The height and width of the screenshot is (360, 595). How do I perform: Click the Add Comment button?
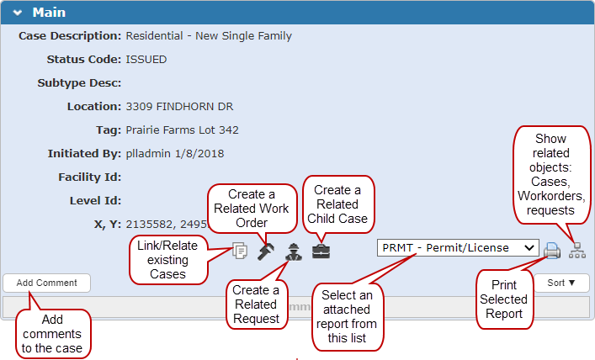click(x=46, y=283)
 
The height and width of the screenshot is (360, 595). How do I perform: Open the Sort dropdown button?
click(x=561, y=283)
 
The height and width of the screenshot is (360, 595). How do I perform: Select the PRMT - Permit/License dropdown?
click(x=458, y=248)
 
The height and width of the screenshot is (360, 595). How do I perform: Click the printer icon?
click(x=552, y=251)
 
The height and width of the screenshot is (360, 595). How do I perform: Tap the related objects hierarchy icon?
click(x=577, y=251)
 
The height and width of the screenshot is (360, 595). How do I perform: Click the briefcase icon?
click(x=321, y=251)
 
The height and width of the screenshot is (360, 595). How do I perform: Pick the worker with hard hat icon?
click(x=294, y=251)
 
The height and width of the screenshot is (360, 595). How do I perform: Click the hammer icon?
click(x=266, y=251)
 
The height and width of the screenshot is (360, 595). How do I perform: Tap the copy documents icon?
click(x=240, y=251)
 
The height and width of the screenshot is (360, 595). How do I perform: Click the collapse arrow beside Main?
click(x=18, y=13)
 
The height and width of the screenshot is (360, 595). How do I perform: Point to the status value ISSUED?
click(x=146, y=60)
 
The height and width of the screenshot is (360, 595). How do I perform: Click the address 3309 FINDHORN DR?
click(x=179, y=107)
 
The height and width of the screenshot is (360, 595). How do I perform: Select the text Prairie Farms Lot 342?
click(x=182, y=130)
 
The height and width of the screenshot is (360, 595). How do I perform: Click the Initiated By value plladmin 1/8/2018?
click(x=175, y=154)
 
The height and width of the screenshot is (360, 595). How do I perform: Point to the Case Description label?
click(x=70, y=36)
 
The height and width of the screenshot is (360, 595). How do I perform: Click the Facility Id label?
click(x=89, y=177)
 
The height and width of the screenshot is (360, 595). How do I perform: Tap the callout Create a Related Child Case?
click(x=337, y=204)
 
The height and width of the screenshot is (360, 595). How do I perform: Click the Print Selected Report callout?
click(x=503, y=299)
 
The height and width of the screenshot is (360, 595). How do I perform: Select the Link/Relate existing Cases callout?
click(x=167, y=260)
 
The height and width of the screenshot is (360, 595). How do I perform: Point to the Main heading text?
click(x=49, y=13)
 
